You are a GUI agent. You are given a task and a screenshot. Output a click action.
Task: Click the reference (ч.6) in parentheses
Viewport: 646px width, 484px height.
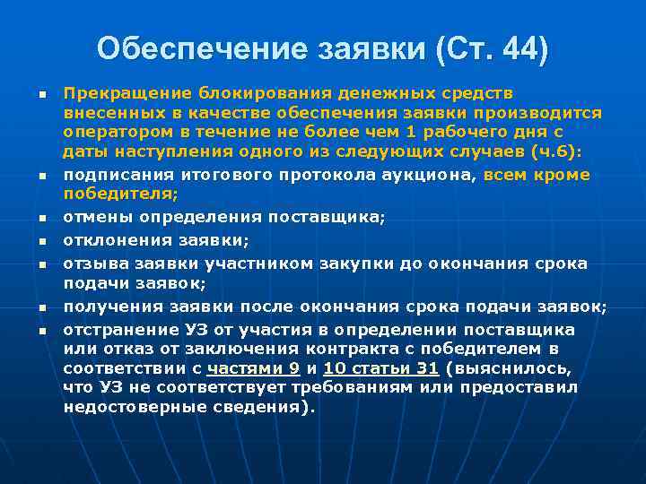(554, 152)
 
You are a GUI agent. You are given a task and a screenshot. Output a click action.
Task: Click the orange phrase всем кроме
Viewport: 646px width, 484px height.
(537, 174)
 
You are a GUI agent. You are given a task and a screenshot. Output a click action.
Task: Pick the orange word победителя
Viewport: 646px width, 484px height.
(118, 193)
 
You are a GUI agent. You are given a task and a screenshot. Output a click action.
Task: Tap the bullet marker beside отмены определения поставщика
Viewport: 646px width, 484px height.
(41, 218)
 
